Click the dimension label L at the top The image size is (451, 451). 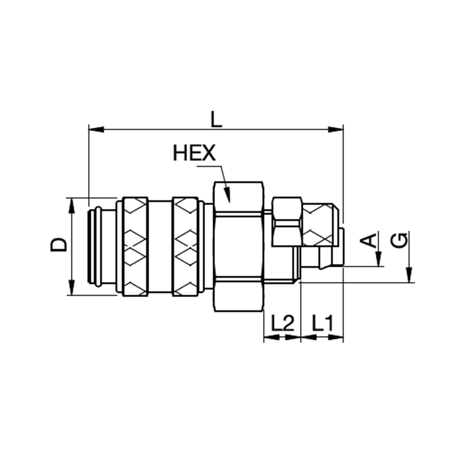click(x=216, y=120)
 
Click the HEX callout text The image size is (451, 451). click(x=194, y=153)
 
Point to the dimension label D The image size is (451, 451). click(x=59, y=245)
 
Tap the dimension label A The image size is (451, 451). click(x=369, y=240)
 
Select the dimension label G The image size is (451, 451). click(x=399, y=240)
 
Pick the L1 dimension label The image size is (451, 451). click(x=323, y=323)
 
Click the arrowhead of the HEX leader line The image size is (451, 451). click(x=227, y=194)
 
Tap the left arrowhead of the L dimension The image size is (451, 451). click(x=96, y=129)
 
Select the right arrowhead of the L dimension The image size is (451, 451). click(x=336, y=129)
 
